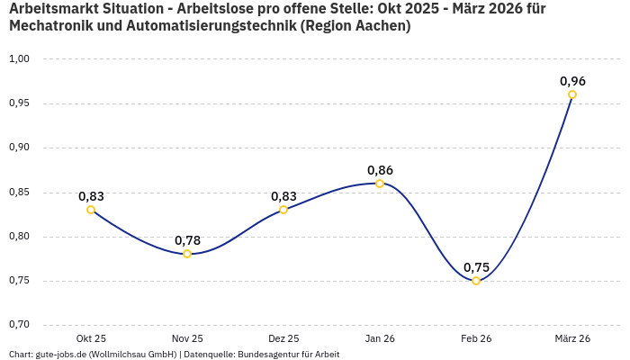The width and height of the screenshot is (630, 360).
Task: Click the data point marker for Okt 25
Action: point(91,210)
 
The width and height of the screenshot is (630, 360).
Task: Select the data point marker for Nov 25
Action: point(187,254)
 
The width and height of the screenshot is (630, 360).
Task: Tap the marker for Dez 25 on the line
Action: point(283,210)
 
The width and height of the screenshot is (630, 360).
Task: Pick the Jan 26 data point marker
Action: point(380,184)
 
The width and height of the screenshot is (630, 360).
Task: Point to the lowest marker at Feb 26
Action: point(476,281)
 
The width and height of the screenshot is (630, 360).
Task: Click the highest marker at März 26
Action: point(572,94)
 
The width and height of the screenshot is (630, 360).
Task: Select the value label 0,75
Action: point(476,267)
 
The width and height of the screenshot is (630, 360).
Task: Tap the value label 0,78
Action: point(187,240)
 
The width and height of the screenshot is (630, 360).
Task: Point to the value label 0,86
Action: point(380,170)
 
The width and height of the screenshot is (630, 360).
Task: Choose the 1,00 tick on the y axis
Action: point(19,59)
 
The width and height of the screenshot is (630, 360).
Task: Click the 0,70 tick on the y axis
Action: point(19,325)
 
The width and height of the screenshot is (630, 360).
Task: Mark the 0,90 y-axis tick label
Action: point(19,148)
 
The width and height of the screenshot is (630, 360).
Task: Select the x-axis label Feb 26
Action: point(476,338)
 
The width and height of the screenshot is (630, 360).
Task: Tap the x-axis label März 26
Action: point(572,338)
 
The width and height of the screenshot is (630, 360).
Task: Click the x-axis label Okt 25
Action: point(91,338)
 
